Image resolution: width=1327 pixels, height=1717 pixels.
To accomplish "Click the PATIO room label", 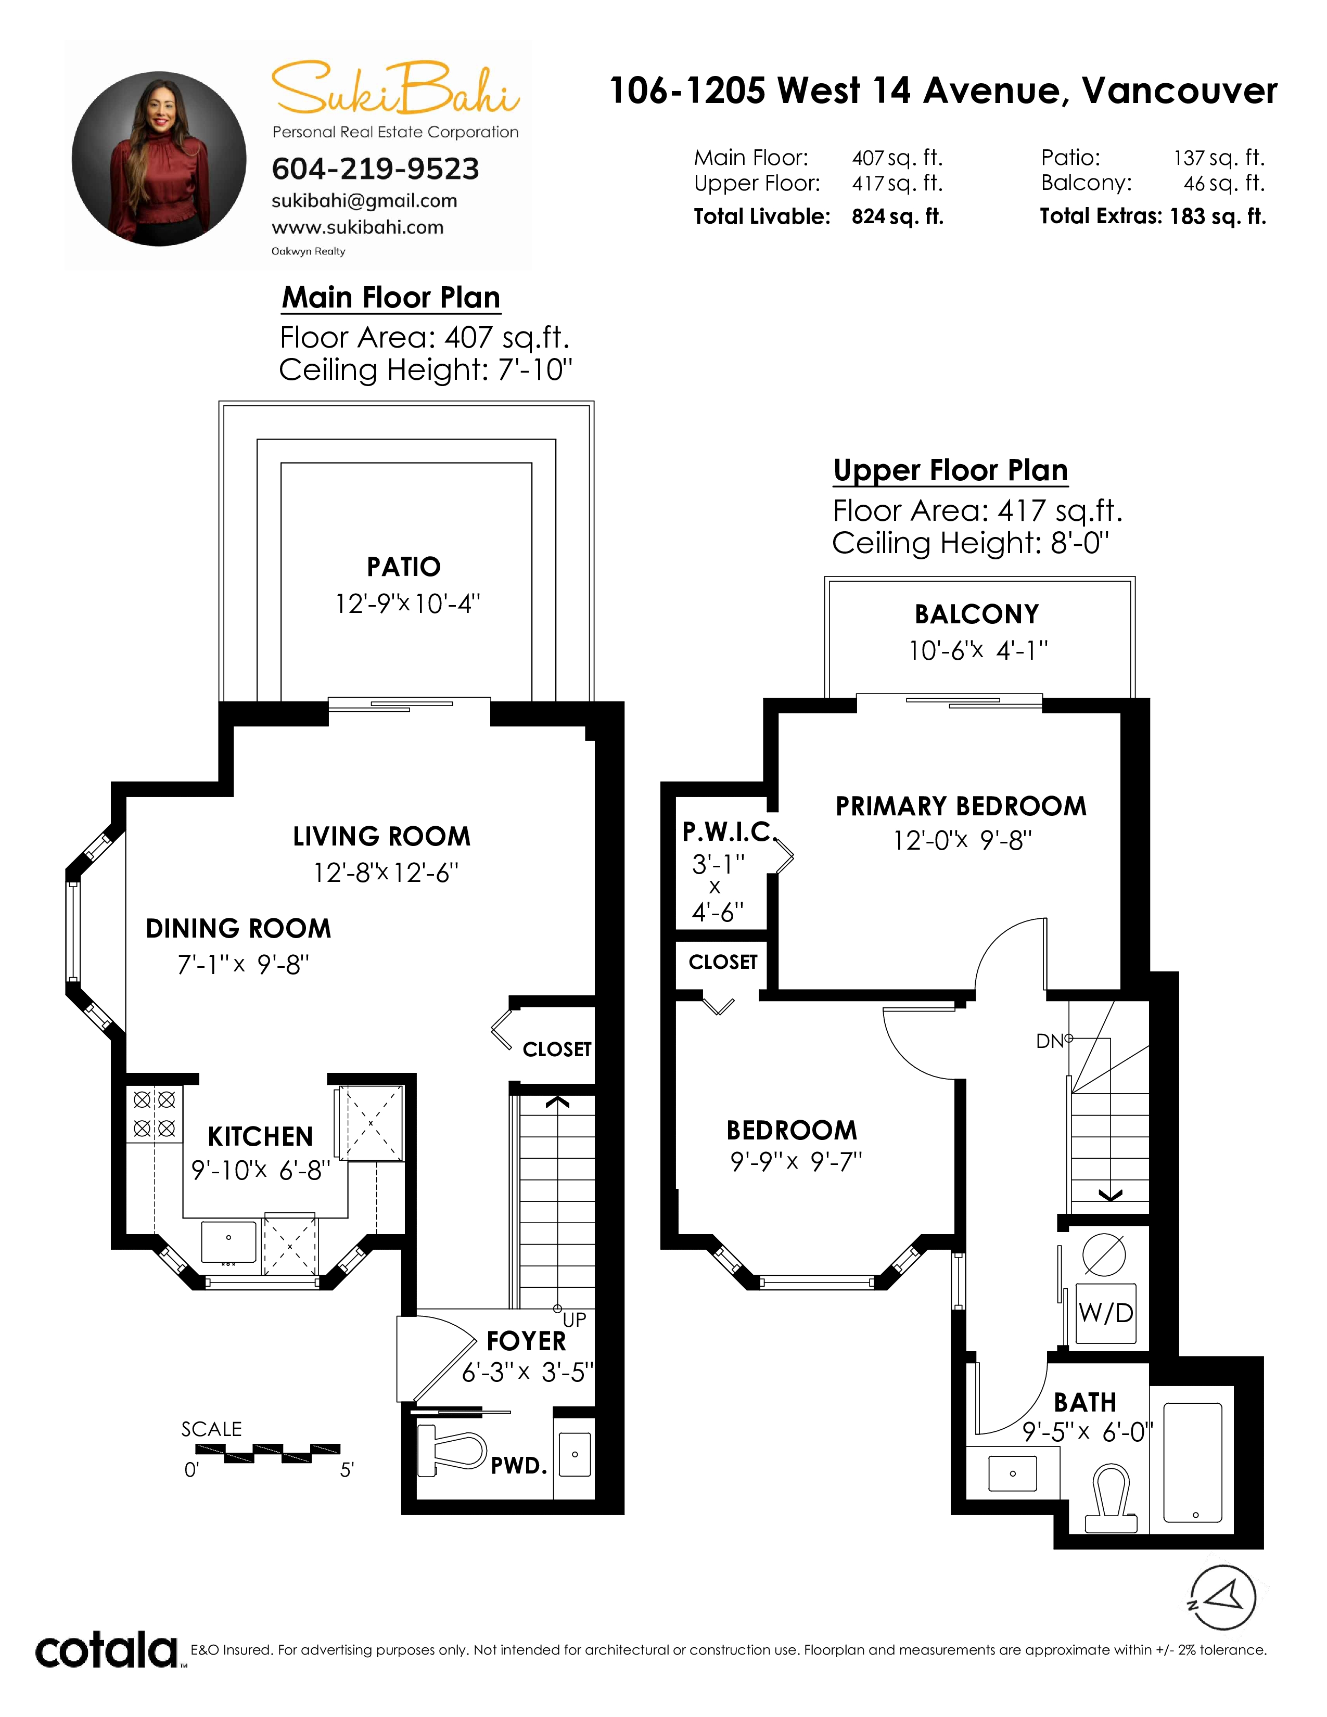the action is pyautogui.click(x=403, y=567).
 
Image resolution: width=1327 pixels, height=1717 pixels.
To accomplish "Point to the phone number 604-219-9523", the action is pyautogui.click(x=375, y=169).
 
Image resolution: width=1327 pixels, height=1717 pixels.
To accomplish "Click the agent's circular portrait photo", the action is pyautogui.click(x=159, y=159).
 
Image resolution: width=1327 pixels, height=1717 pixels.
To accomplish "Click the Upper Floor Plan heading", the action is pyautogui.click(x=950, y=470).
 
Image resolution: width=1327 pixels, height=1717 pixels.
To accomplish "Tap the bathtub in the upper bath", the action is pyautogui.click(x=1193, y=1462).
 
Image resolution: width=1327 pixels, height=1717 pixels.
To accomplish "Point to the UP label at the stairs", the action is pyautogui.click(x=575, y=1320).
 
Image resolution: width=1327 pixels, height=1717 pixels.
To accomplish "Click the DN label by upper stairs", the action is pyautogui.click(x=1050, y=1042).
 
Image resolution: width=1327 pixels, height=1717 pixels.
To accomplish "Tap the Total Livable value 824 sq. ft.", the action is pyautogui.click(x=897, y=217).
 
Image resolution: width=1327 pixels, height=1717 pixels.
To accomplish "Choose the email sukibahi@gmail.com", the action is pyautogui.click(x=364, y=201).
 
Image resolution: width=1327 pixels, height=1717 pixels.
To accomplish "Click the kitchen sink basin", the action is pyautogui.click(x=229, y=1240).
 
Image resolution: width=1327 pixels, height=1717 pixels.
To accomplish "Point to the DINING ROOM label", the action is pyautogui.click(x=238, y=928).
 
